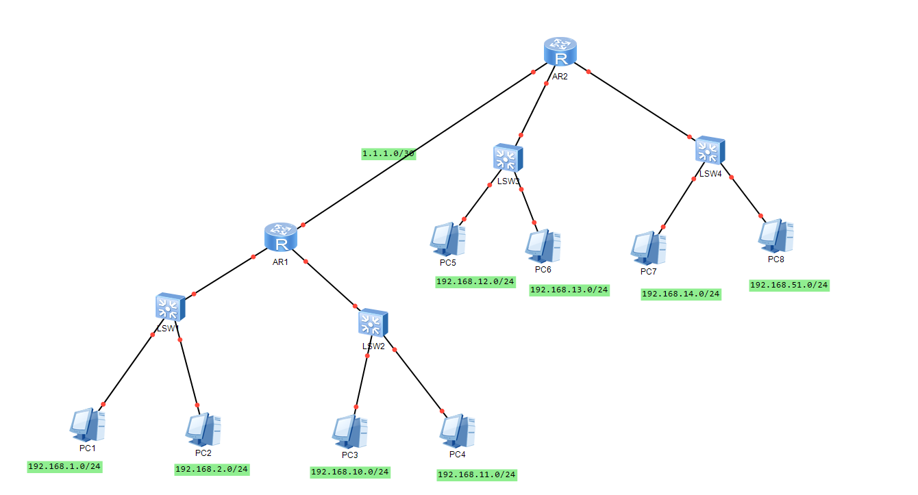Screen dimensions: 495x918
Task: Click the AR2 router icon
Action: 560,53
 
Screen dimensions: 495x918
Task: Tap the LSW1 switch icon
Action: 170,307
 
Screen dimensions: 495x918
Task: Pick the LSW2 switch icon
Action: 373,323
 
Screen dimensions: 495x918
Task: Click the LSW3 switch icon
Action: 508,158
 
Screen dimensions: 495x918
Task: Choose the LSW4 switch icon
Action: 710,150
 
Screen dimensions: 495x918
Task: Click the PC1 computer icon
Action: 88,425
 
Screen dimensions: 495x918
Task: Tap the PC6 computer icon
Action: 543,246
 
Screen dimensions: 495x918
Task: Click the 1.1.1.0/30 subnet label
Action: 388,154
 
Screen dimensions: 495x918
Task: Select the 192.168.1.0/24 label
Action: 64,466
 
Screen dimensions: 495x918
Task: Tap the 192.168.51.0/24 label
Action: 789,285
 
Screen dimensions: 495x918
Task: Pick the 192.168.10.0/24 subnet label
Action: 350,472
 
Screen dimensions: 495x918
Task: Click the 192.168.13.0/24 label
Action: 569,290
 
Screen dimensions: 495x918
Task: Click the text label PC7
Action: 649,272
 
